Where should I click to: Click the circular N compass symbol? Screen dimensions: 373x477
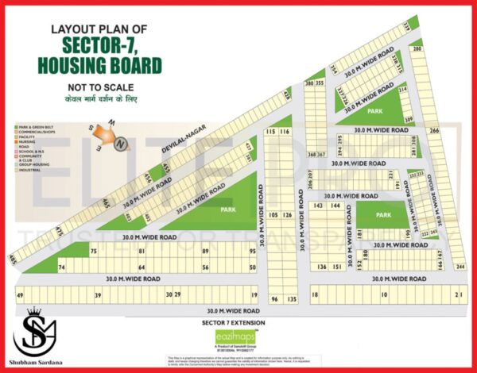click(x=120, y=144)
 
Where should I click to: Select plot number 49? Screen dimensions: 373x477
click(x=19, y=295)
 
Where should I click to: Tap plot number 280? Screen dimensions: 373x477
click(x=417, y=49)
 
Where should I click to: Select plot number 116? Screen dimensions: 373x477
click(x=285, y=131)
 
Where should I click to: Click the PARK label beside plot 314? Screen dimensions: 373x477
click(x=374, y=112)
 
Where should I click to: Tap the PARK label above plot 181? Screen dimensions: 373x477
click(x=384, y=216)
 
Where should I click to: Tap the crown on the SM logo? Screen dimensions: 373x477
click(x=33, y=313)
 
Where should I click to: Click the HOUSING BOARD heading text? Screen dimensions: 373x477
click(x=107, y=64)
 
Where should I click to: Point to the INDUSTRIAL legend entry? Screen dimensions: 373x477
click(x=29, y=168)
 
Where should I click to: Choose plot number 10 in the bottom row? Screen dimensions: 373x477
click(x=383, y=295)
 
